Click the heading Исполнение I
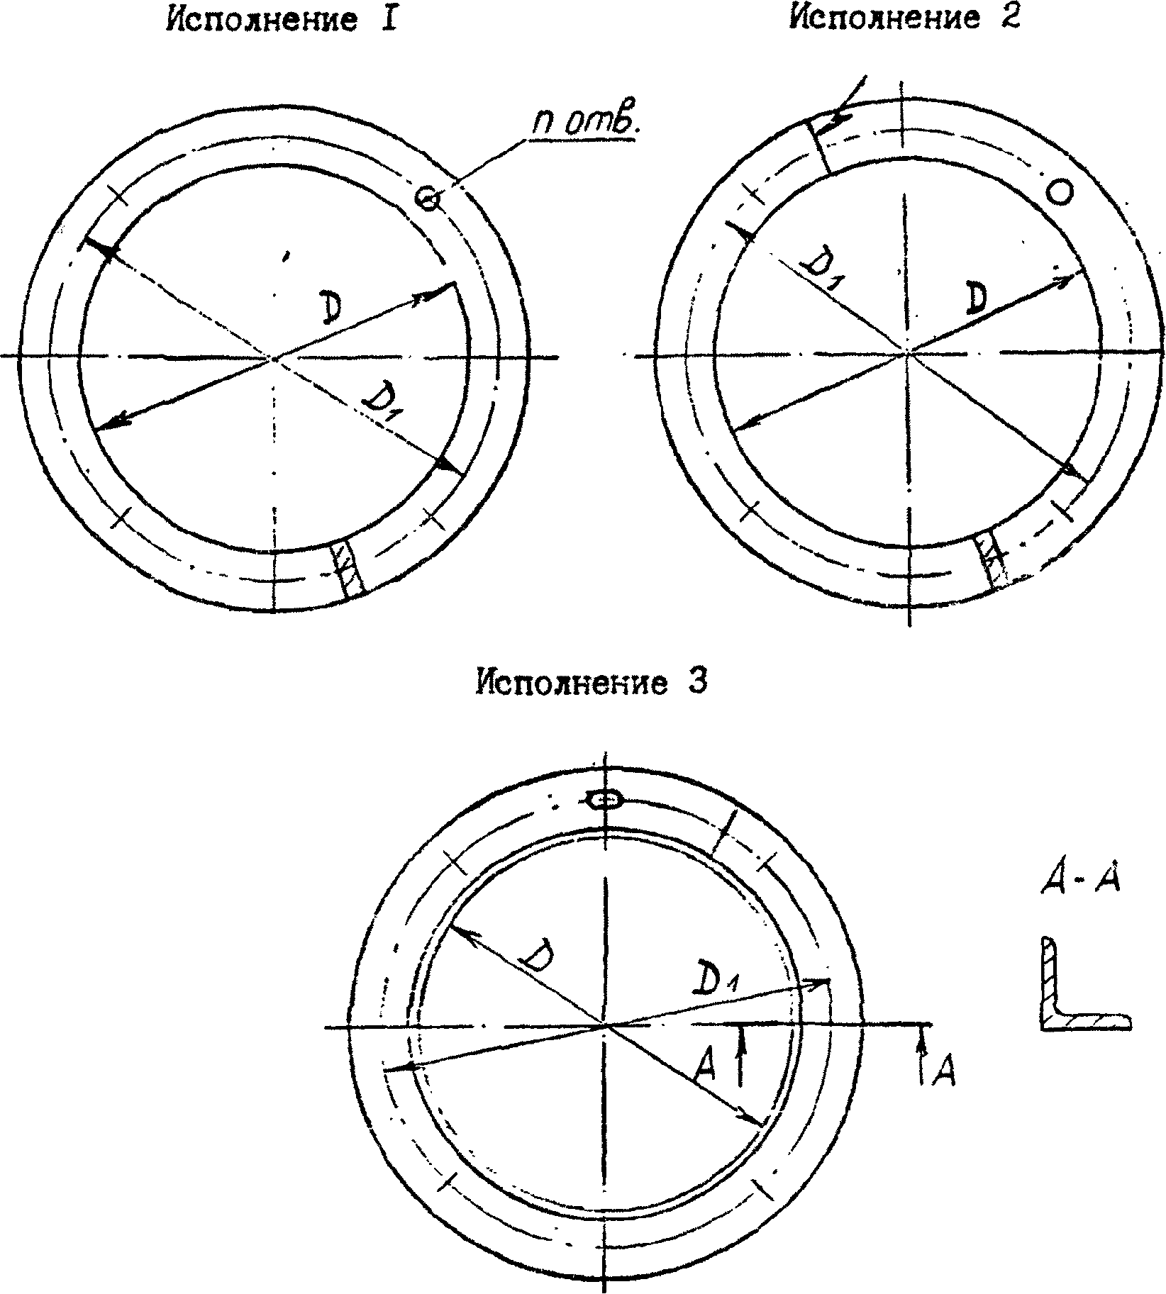(280, 20)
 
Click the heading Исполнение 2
(906, 17)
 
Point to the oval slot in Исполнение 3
(605, 800)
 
